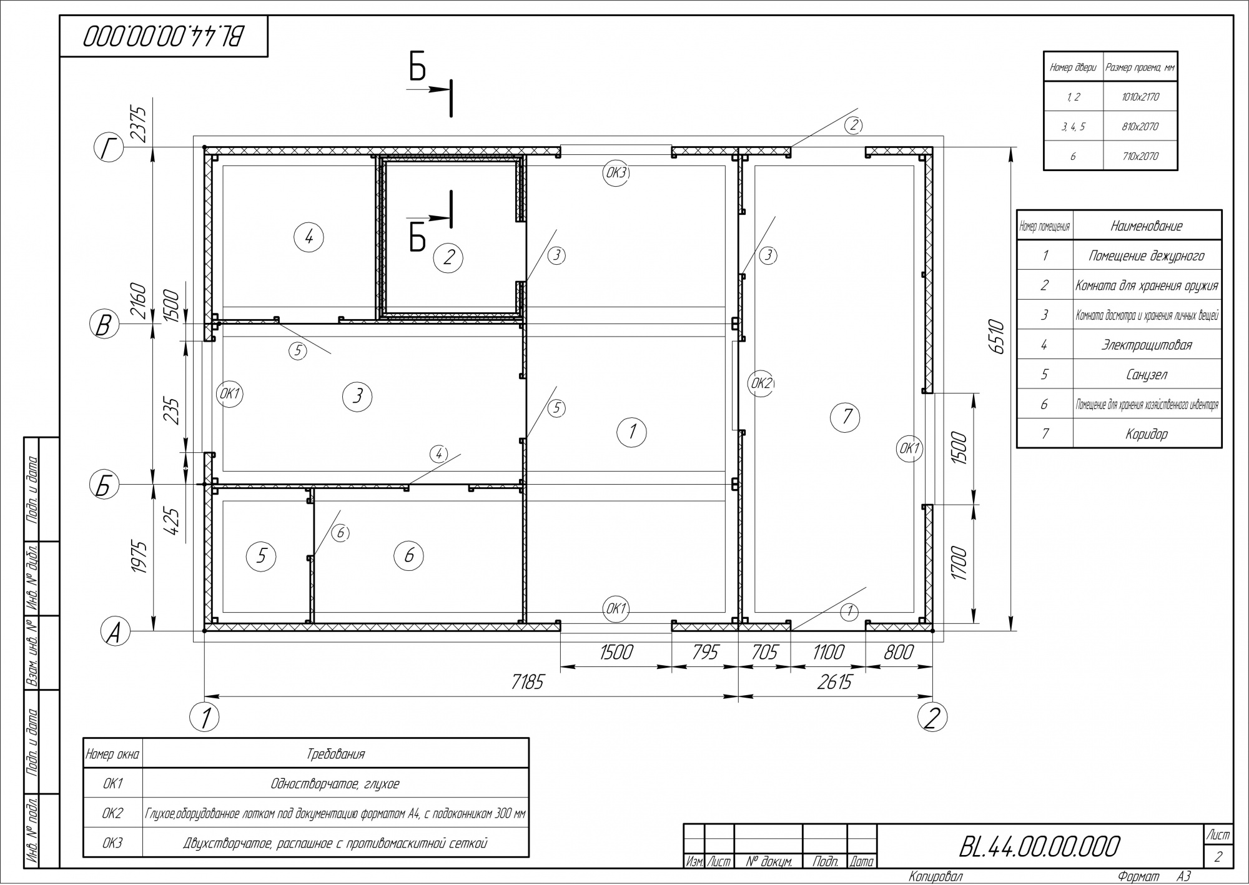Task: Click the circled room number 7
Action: [847, 416]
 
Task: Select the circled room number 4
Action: [309, 237]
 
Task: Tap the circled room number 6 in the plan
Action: [409, 555]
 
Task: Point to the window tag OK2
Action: [761, 383]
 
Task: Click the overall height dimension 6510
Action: [997, 338]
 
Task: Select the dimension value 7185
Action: [528, 682]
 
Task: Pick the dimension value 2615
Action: [835, 682]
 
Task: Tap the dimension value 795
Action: [705, 652]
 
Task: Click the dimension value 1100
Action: [827, 652]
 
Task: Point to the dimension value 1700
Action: [960, 563]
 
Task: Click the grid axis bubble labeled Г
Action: [109, 149]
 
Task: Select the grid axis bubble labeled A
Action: [115, 632]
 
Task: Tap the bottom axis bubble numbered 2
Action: [932, 718]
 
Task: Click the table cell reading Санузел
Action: [1147, 374]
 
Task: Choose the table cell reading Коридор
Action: [1147, 433]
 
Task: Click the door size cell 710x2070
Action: [1140, 156]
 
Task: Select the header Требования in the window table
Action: [335, 754]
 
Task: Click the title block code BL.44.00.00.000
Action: [1039, 846]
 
